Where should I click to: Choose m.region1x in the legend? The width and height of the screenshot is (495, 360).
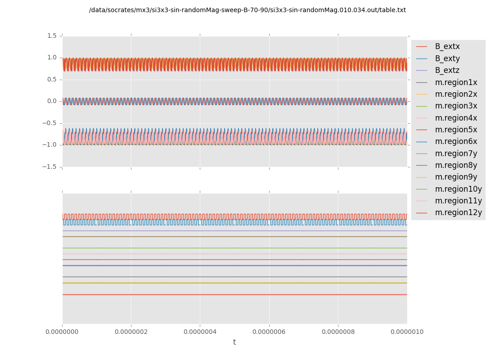(x=456, y=82)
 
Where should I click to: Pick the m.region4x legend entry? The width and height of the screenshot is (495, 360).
(x=456, y=118)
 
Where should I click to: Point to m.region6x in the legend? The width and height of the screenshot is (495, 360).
(x=456, y=141)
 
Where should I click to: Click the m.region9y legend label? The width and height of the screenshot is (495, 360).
(x=456, y=177)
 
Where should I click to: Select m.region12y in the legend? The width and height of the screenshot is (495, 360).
(x=458, y=212)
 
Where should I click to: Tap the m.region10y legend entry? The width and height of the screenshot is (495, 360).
(x=458, y=189)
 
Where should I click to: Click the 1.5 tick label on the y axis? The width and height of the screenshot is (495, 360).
(x=52, y=36)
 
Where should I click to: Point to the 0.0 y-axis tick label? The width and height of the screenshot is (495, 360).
(x=52, y=101)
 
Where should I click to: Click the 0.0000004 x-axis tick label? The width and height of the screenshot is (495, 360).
(x=200, y=332)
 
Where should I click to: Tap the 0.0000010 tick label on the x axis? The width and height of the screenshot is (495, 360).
(x=407, y=332)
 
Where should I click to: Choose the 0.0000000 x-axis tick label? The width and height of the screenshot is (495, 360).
(x=62, y=332)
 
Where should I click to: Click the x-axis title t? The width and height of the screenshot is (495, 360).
(x=234, y=342)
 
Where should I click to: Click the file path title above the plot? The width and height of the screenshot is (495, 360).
(x=247, y=10)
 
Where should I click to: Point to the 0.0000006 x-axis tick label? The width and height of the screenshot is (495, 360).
(x=269, y=332)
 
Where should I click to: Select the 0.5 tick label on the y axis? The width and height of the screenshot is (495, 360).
(x=52, y=79)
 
